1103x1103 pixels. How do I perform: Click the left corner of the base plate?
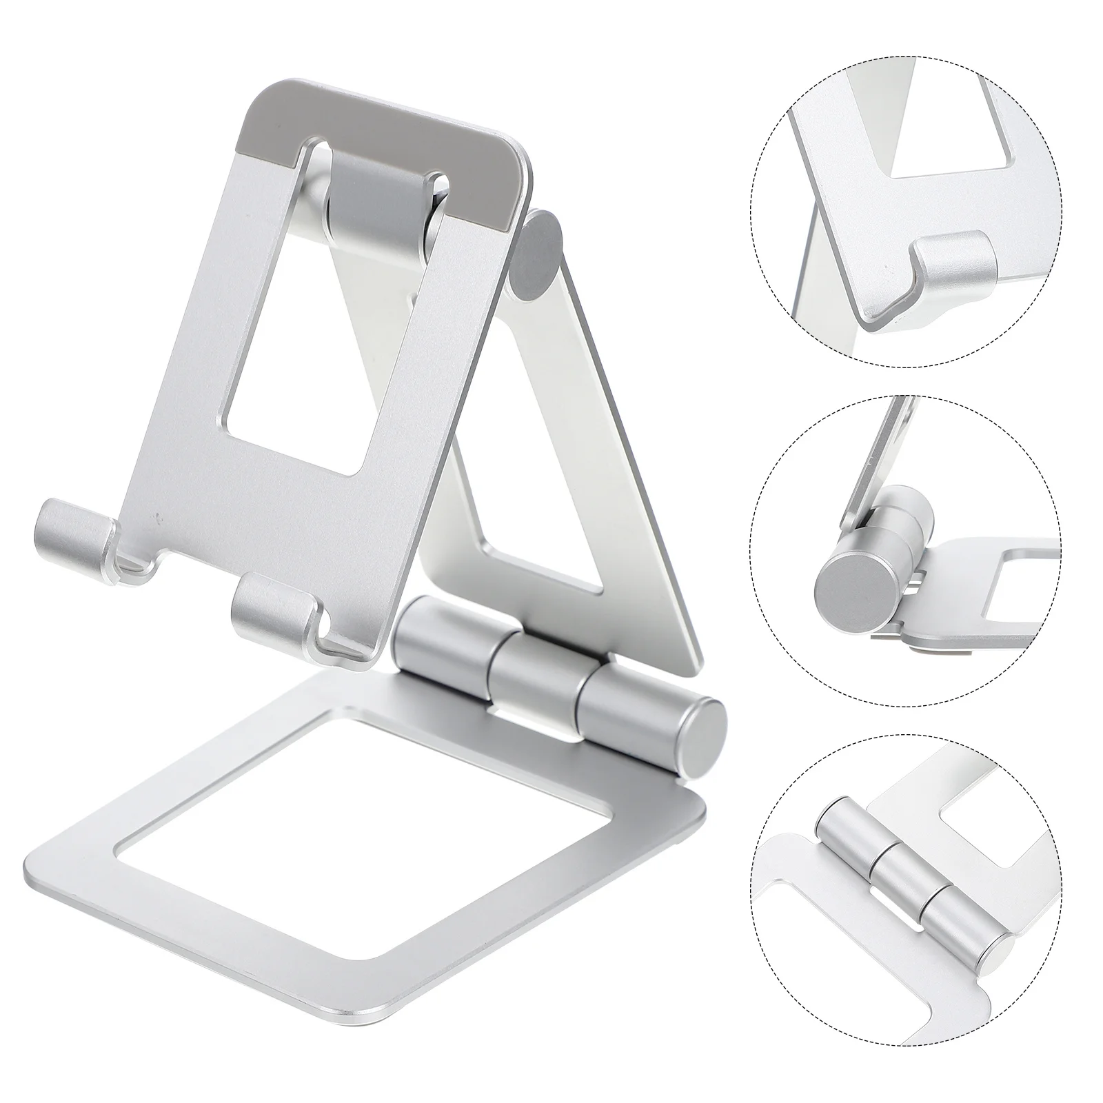pos(34,862)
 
